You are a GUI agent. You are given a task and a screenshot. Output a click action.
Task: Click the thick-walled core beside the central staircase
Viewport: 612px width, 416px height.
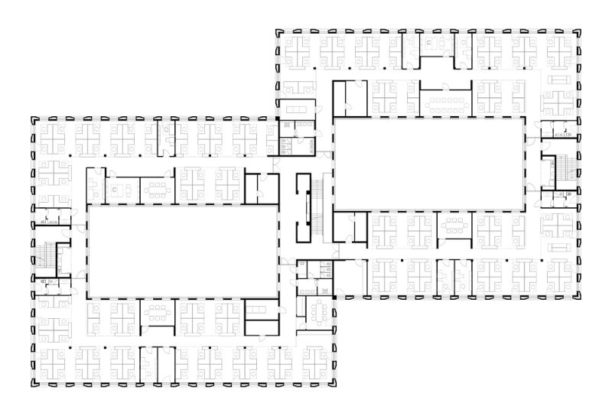click(x=305, y=205)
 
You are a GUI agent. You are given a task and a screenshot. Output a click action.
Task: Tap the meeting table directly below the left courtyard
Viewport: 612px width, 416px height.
click(x=158, y=311)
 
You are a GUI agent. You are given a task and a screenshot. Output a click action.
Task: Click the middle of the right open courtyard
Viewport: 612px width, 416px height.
click(x=429, y=161)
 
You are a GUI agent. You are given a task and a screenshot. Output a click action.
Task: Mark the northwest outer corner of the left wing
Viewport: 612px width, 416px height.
click(x=32, y=119)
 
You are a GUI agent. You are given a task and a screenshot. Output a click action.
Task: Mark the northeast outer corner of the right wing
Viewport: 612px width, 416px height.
click(x=578, y=33)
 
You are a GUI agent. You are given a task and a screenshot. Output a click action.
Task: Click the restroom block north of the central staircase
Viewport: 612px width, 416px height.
click(x=293, y=141)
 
